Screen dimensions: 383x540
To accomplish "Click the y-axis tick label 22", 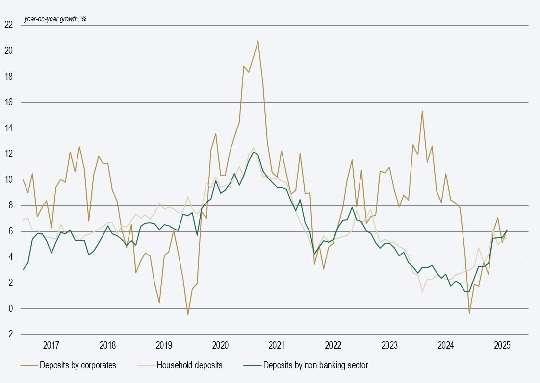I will (x=8, y=25).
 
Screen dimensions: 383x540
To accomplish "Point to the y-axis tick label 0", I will (x=10, y=309).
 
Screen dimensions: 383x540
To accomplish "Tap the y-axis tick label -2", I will (x=9, y=334).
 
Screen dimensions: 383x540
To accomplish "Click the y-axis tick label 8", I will (x=10, y=206).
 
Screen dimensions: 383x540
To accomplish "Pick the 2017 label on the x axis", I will (x=51, y=345).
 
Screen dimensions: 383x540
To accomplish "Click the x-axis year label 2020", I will (x=221, y=345).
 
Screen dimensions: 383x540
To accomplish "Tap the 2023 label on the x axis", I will (x=389, y=345).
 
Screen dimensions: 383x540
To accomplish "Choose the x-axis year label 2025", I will (x=502, y=345).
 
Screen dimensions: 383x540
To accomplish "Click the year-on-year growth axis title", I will (x=55, y=19).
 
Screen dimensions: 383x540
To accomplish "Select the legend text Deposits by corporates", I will (x=77, y=365).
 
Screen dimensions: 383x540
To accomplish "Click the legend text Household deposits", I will (x=189, y=365).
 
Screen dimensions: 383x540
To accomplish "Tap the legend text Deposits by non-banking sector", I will (x=315, y=365).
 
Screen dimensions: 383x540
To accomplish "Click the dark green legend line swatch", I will (x=252, y=365).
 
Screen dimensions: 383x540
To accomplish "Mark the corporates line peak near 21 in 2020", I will (x=258, y=41).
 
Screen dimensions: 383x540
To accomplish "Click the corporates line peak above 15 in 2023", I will (x=422, y=111).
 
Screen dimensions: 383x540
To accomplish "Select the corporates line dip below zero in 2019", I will (x=188, y=314).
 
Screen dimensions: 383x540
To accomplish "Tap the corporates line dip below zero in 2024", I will (x=469, y=313).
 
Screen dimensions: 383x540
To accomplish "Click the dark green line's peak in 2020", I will (x=254, y=152).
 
